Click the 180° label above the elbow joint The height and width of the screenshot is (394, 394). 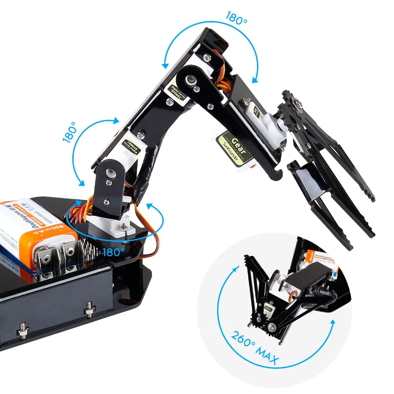click(236, 18)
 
